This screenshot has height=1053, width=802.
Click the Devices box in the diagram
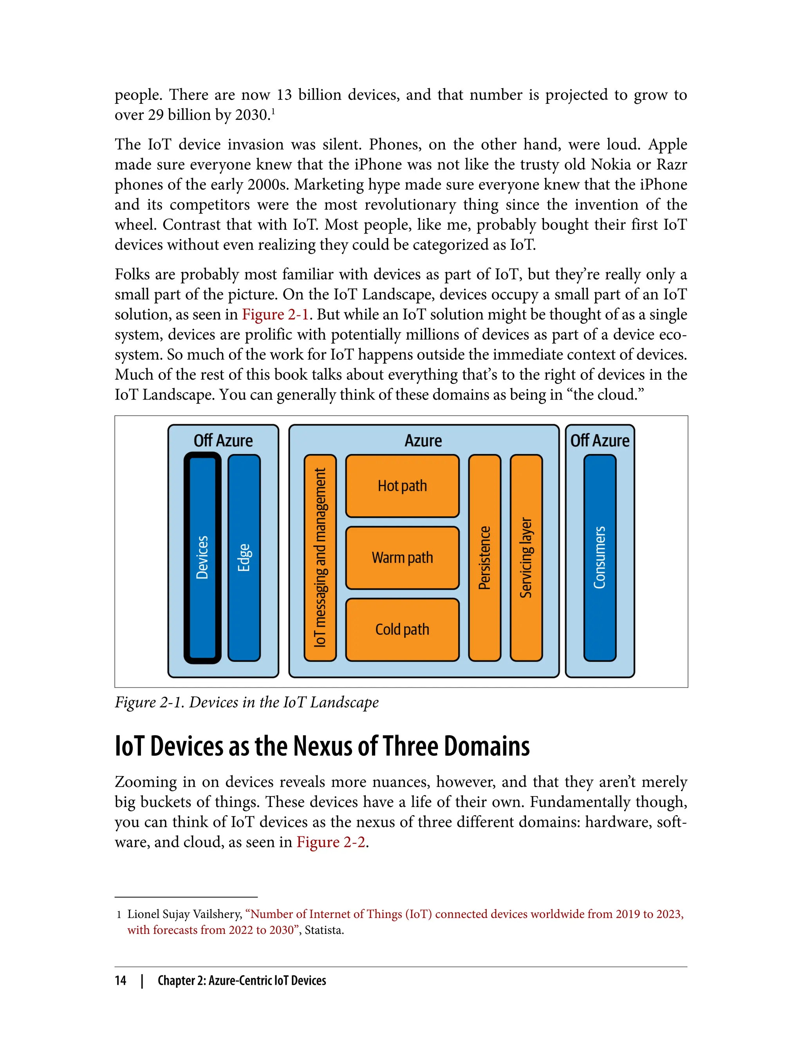click(202, 557)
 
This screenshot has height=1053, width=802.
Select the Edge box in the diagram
click(244, 557)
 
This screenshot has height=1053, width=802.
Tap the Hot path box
click(403, 486)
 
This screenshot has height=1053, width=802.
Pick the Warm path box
click(403, 558)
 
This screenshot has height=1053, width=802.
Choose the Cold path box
click(403, 630)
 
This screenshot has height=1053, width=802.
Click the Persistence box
click(484, 557)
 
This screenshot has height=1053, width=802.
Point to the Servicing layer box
click(526, 557)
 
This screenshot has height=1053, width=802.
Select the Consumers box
click(600, 557)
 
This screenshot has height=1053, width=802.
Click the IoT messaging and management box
click(320, 557)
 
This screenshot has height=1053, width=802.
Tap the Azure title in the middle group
click(423, 440)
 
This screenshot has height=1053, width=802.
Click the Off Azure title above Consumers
click(600, 440)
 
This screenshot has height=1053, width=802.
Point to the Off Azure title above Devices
click(223, 440)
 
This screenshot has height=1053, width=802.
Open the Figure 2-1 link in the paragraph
click(275, 315)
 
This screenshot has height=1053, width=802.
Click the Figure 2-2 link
click(331, 842)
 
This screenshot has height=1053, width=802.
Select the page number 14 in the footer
click(120, 981)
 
